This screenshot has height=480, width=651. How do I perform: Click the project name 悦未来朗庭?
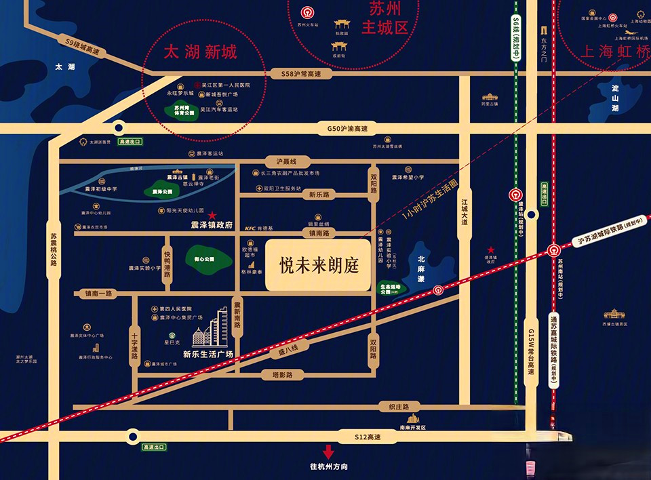point(319,265)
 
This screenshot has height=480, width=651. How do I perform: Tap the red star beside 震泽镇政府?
point(212,214)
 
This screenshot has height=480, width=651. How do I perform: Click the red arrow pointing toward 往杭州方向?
point(328,452)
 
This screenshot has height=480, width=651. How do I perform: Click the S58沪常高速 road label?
point(304,73)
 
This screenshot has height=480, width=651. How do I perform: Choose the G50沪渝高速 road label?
point(347,127)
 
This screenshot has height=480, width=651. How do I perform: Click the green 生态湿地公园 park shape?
point(393,287)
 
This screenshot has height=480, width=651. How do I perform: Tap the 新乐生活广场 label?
point(208,354)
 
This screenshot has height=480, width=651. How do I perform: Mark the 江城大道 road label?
point(465,212)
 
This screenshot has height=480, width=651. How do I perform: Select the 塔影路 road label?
point(282,374)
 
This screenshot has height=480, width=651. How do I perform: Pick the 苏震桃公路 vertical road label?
point(54,250)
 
